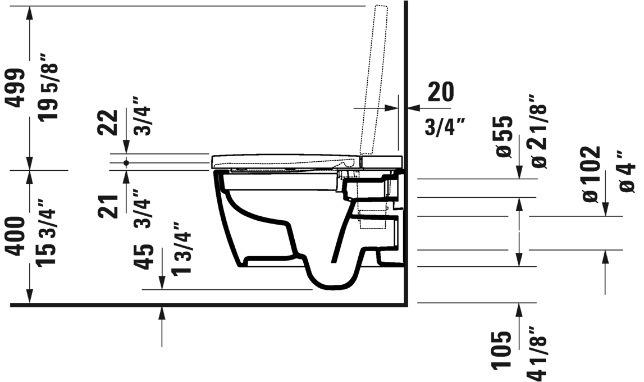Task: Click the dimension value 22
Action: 108,122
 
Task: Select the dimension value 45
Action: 144,257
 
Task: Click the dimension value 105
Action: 502,351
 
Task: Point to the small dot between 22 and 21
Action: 126,162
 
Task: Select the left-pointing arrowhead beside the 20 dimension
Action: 412,107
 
